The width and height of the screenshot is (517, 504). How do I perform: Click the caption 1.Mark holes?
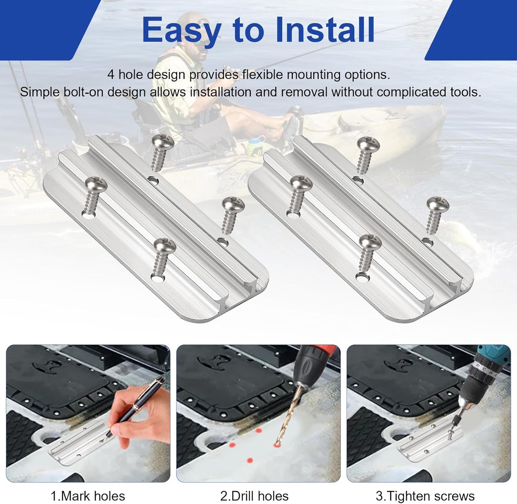(88, 496)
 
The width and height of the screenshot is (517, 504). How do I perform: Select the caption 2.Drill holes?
(254, 496)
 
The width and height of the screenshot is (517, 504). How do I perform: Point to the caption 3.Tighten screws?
(425, 496)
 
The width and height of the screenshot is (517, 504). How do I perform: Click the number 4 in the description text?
(111, 75)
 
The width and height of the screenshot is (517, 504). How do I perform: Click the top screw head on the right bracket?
(368, 144)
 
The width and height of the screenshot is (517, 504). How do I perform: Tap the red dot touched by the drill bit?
(277, 444)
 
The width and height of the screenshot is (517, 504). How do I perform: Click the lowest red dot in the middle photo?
(250, 460)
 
